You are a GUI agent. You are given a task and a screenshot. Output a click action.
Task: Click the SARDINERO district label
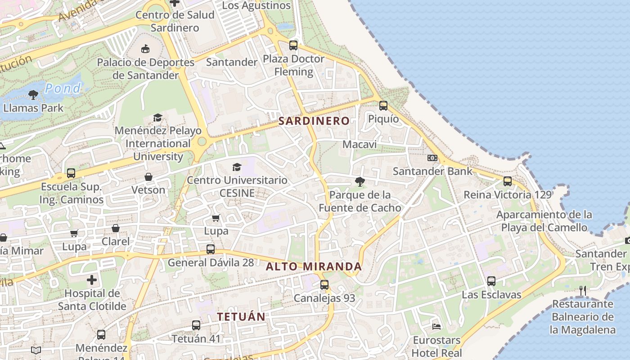pyautogui.click(x=314, y=121)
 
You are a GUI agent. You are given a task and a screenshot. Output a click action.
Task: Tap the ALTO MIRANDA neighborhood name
pyautogui.click(x=314, y=266)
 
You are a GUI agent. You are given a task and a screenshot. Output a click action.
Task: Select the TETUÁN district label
pyautogui.click(x=241, y=316)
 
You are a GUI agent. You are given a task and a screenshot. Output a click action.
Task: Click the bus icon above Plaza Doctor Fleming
pyautogui.click(x=293, y=45)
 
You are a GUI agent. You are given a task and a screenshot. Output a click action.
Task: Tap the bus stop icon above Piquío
pyautogui.click(x=383, y=105)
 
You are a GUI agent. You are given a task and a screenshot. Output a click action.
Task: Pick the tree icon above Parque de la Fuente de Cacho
pyautogui.click(x=360, y=181)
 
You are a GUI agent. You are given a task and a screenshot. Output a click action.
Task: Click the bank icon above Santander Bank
pyautogui.click(x=432, y=158)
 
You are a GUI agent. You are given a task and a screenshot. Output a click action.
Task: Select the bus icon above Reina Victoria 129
pyautogui.click(x=508, y=181)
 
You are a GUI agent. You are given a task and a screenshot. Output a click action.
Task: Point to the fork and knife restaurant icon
pyautogui.click(x=583, y=291)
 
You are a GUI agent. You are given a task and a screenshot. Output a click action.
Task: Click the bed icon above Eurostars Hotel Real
pyautogui.click(x=436, y=326)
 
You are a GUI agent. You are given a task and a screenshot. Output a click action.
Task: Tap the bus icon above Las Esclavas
pyautogui.click(x=491, y=281)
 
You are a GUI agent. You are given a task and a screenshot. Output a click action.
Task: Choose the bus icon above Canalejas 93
pyautogui.click(x=324, y=284)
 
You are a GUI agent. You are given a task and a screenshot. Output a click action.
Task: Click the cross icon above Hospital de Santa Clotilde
pyautogui.click(x=92, y=280)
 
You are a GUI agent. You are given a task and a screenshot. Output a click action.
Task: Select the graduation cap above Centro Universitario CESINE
pyautogui.click(x=237, y=167)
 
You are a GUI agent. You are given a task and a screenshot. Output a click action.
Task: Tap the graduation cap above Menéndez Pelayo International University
pyautogui.click(x=157, y=117)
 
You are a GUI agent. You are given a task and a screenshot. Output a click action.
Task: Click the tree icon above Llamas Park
pyautogui.click(x=33, y=94)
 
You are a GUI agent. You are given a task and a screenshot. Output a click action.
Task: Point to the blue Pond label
pyautogui.click(x=63, y=88)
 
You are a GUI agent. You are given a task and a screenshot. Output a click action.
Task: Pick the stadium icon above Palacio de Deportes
pyautogui.click(x=145, y=49)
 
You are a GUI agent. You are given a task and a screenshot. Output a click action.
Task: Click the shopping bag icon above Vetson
pyautogui.click(x=148, y=177)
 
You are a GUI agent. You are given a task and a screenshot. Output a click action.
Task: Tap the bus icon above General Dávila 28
pyautogui.click(x=211, y=249)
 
